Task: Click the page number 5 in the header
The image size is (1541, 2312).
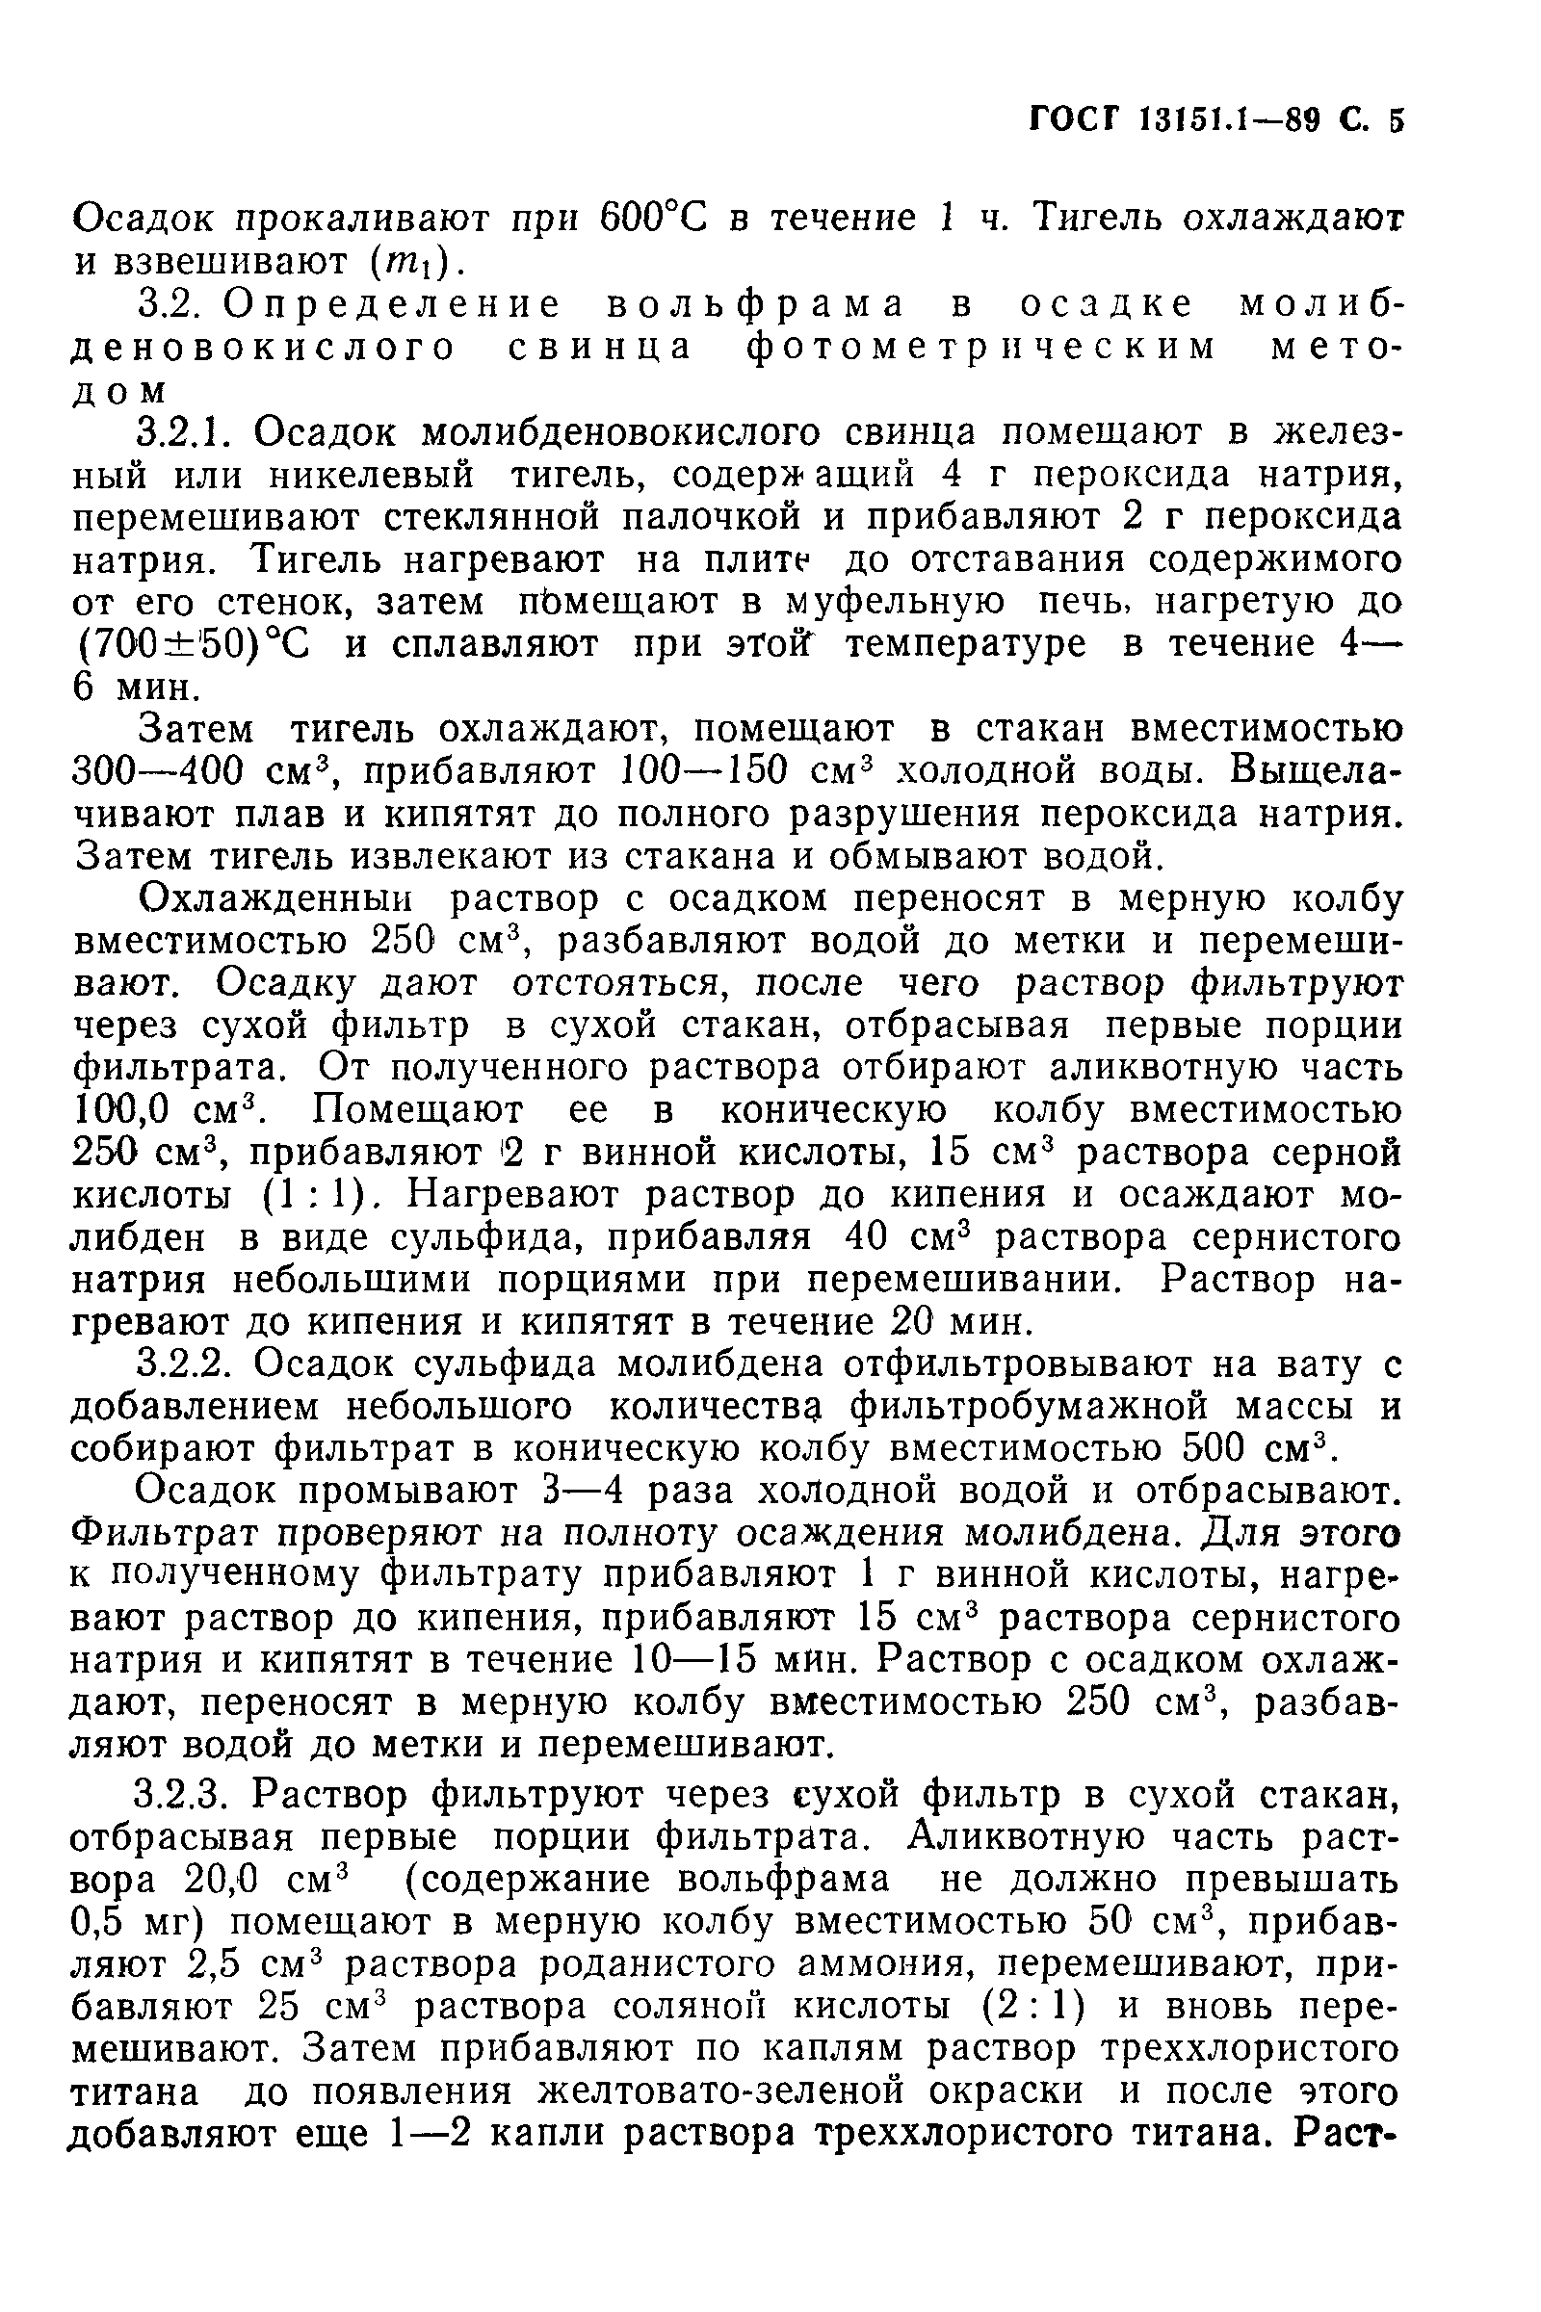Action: tap(1396, 119)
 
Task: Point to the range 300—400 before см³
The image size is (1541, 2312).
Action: tap(158, 771)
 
